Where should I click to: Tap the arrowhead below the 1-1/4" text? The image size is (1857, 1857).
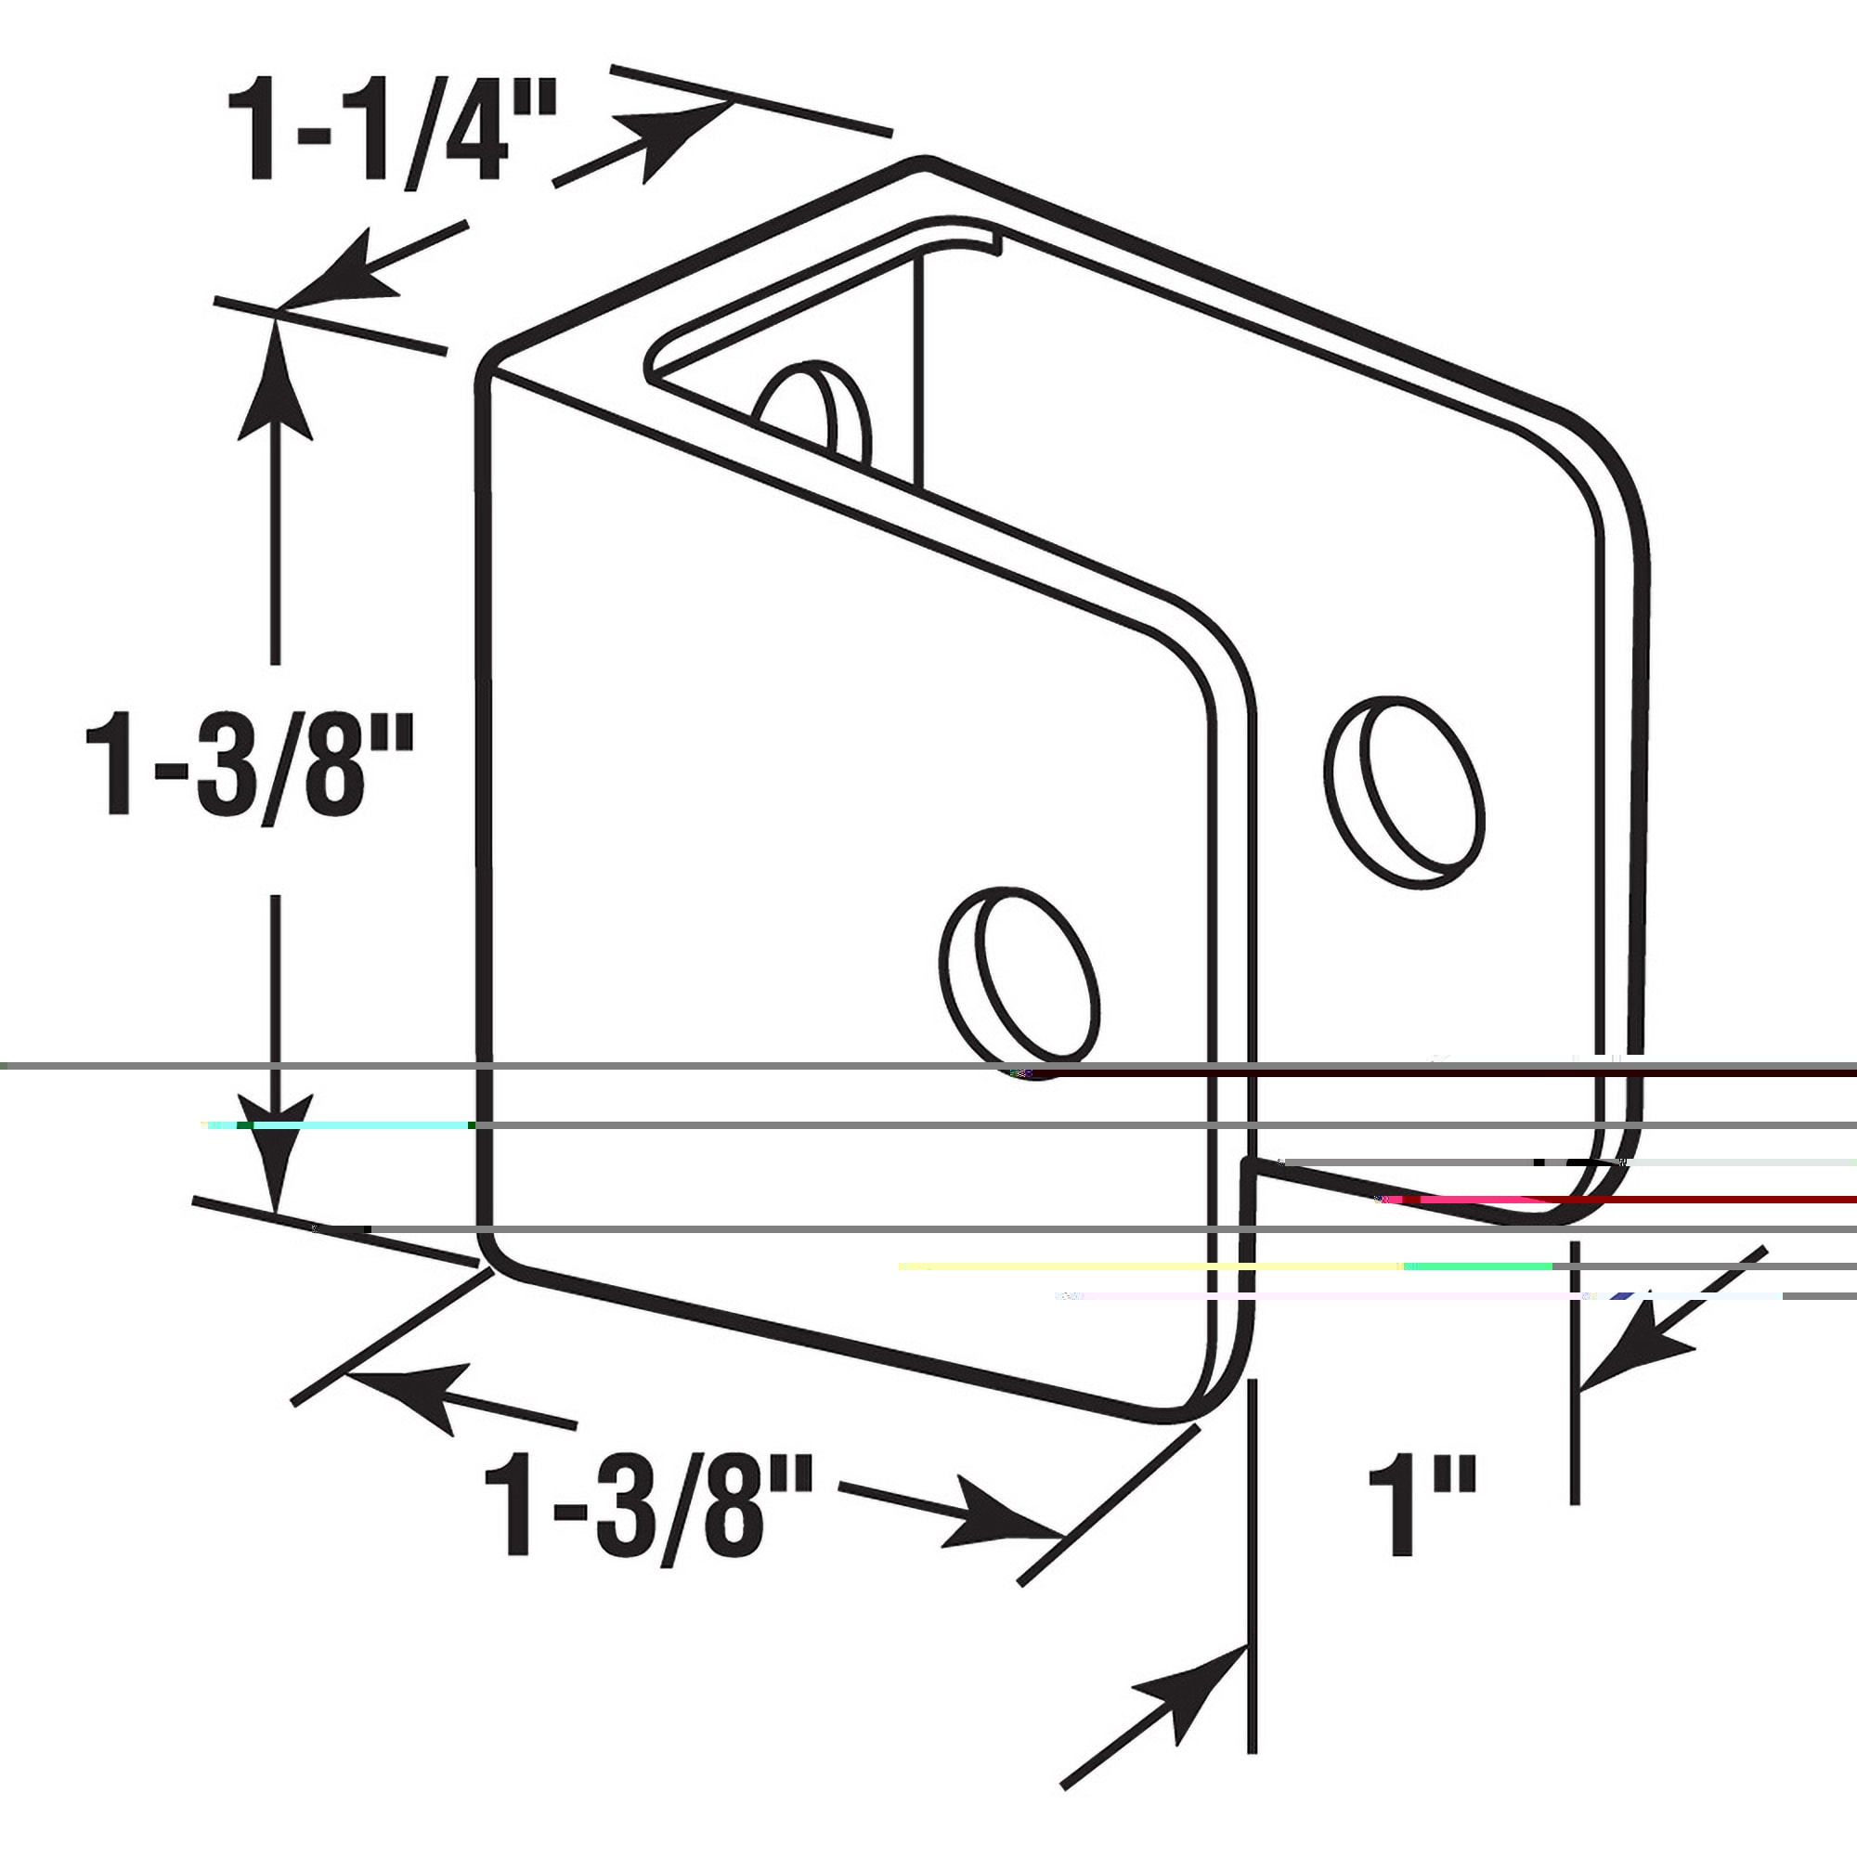click(336, 279)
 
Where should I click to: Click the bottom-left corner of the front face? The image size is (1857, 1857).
click(490, 1259)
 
